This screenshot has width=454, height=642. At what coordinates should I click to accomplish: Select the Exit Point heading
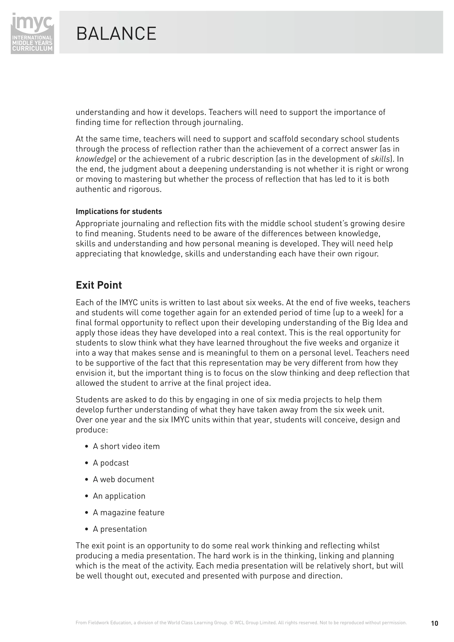click(x=99, y=285)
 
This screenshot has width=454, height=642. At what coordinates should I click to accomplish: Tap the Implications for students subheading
click(x=119, y=211)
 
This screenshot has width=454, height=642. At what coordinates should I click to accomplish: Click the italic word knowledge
click(x=94, y=159)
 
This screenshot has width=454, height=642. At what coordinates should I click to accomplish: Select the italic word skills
click(x=380, y=159)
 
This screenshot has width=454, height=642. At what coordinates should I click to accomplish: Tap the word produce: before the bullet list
click(x=92, y=430)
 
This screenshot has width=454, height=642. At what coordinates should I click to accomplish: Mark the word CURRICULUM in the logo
click(x=32, y=48)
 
